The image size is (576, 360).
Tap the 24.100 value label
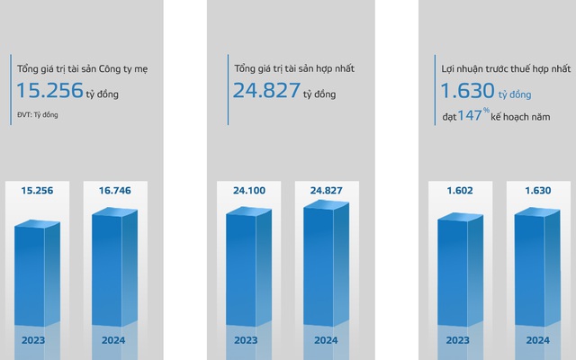point(245,192)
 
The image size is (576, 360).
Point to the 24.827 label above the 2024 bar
point(323,192)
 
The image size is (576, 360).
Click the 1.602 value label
point(457,192)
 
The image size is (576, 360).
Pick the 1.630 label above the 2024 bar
point(536,192)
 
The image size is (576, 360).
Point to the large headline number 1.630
point(468,91)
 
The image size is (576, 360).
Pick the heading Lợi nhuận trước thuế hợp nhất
point(499,67)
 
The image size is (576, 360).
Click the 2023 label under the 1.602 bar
point(457,340)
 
